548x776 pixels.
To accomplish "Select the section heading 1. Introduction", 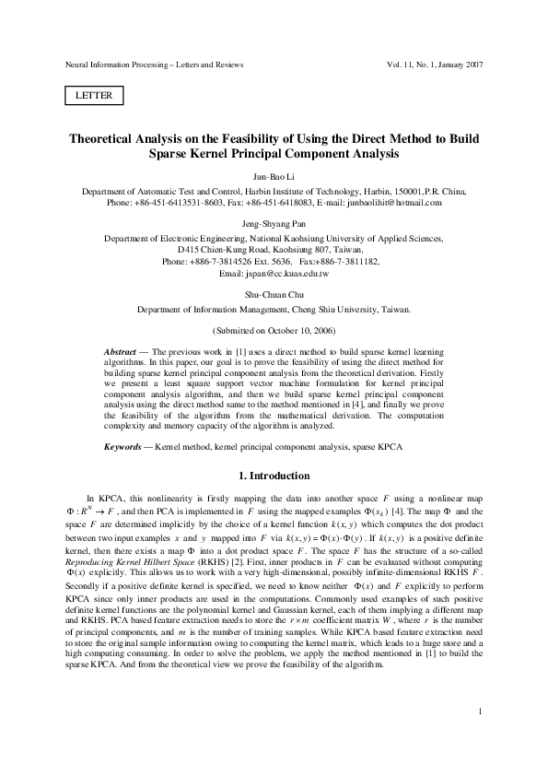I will click(274, 476).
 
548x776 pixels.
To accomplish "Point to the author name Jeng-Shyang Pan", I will click(274, 220).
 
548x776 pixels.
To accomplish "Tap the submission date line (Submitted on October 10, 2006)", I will click(274, 330).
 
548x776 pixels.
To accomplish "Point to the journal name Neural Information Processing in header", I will click(122, 65).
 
